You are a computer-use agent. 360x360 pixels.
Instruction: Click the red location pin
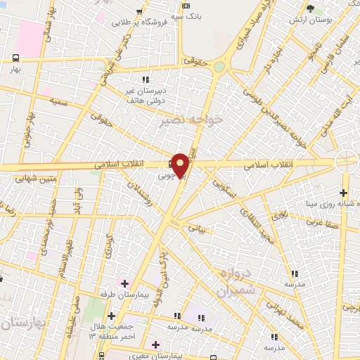pos(181,165)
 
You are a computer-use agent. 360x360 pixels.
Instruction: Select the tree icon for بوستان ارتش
pos(311,9)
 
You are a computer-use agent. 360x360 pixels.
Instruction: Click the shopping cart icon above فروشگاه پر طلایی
pos(142,12)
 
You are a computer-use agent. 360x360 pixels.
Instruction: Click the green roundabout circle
pos(220,67)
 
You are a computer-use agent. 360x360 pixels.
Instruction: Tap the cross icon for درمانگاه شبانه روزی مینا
pos(343,193)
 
